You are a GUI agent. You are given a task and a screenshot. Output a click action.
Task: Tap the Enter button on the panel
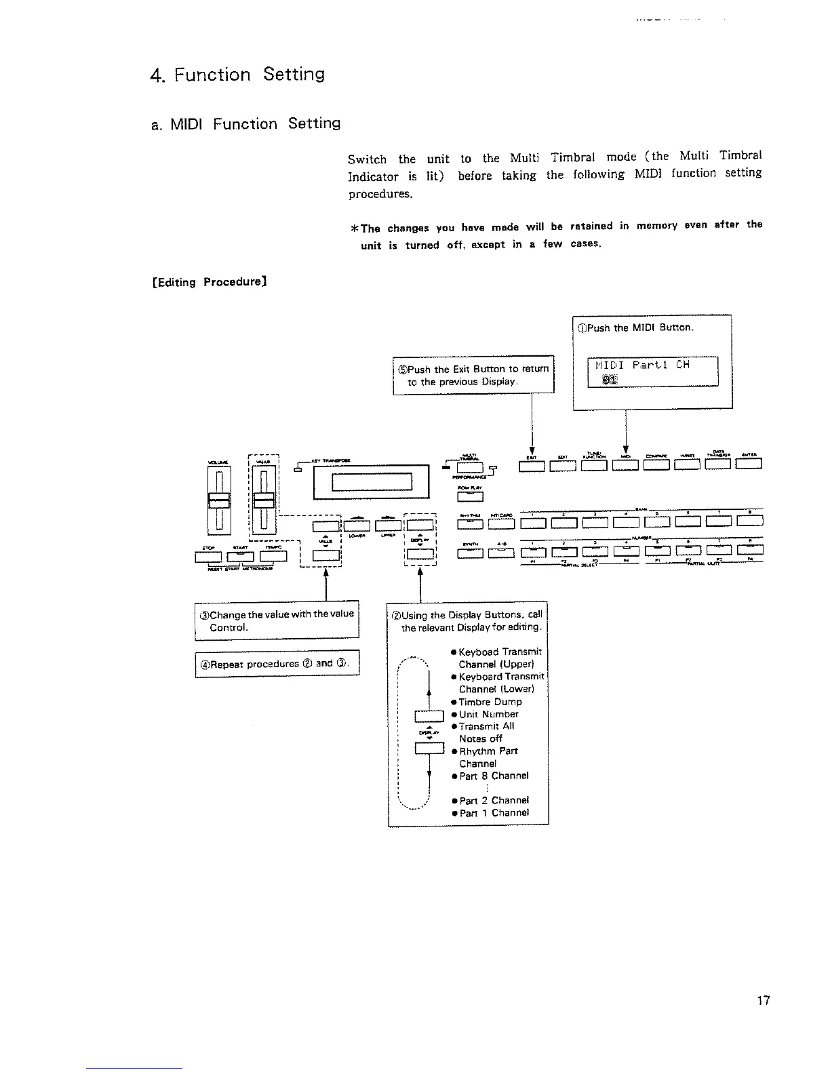coord(749,464)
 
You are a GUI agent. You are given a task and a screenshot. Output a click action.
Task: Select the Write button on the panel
coord(686,464)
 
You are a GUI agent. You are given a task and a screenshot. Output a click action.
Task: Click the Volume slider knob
coord(218,500)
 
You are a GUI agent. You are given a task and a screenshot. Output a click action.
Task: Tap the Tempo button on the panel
coord(273,557)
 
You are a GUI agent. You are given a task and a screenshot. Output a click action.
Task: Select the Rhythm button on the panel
coord(469,521)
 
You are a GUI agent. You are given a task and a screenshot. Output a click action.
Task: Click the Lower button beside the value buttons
coord(357,525)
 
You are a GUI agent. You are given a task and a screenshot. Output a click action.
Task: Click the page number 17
coord(763,1000)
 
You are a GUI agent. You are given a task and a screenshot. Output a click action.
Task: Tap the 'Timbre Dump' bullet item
coord(490,702)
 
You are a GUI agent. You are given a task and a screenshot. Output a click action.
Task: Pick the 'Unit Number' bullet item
coord(488,714)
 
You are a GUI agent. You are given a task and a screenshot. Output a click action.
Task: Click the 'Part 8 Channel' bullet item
coord(493,776)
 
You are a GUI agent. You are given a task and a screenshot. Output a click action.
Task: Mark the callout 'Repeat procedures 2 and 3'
coord(277,664)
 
